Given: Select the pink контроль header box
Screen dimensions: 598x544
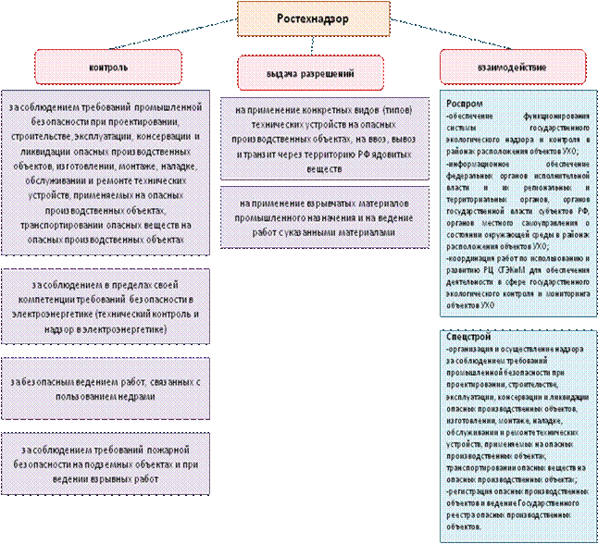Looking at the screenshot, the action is [x=101, y=67].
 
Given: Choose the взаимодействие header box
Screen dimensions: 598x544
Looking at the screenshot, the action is [x=511, y=67].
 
